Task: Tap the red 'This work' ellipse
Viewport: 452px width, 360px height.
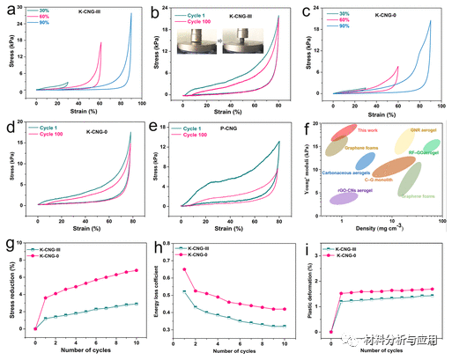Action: pos(338,135)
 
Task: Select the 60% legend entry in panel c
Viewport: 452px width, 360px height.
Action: pos(339,18)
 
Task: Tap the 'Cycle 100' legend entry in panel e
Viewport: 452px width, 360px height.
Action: pos(196,135)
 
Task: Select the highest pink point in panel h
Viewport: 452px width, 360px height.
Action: pos(184,269)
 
